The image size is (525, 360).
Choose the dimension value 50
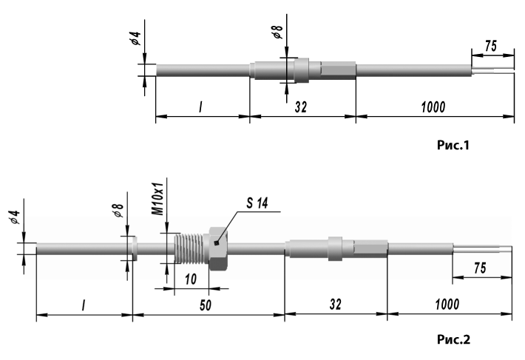click(x=206, y=304)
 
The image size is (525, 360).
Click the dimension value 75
click(x=481, y=270)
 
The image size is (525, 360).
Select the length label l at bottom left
click(x=83, y=304)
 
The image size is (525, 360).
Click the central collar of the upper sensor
click(x=301, y=70)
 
